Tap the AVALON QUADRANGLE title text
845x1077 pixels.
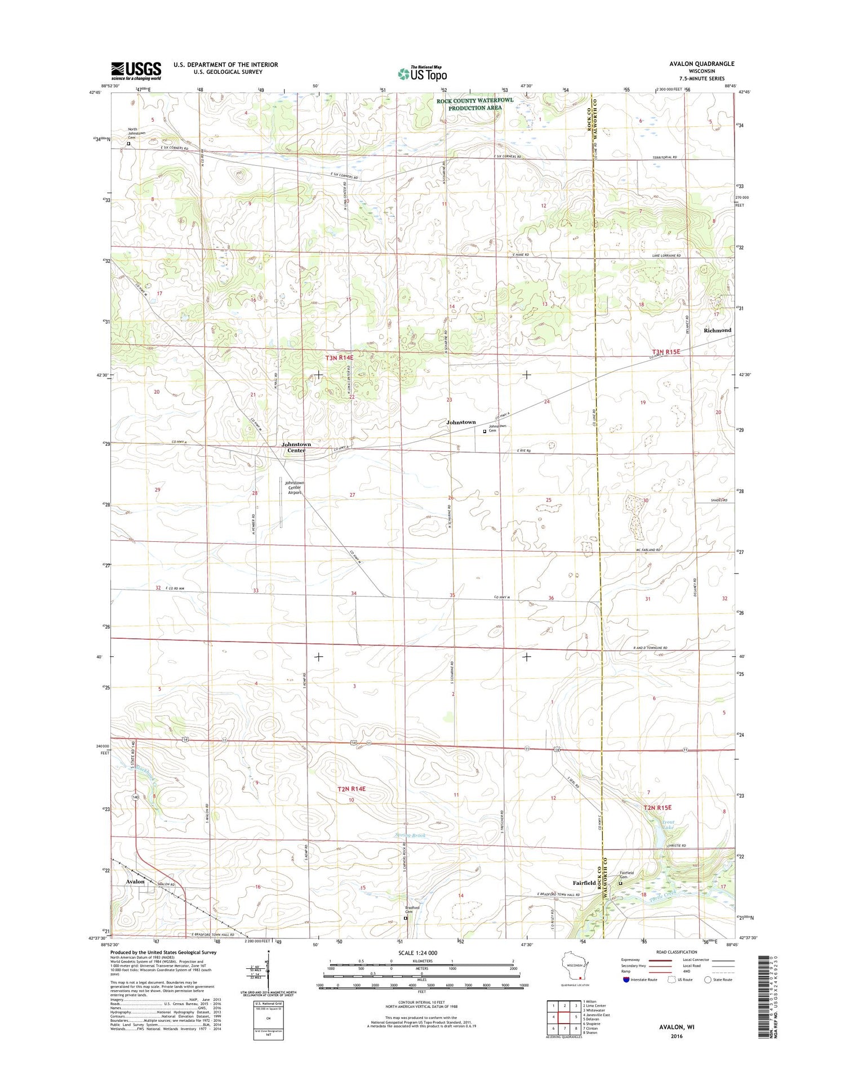click(701, 64)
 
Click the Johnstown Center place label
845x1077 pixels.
click(296, 447)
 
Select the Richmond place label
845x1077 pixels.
click(717, 330)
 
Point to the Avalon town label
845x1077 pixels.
click(135, 882)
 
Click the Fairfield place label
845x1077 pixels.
click(584, 883)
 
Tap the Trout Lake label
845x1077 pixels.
click(668, 825)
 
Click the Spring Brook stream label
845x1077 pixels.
click(410, 835)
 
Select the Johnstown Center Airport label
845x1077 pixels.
click(294, 488)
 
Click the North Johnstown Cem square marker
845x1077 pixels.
click(128, 144)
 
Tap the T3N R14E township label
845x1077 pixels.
click(340, 358)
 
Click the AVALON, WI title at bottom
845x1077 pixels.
click(677, 1027)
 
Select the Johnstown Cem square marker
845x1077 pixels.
click(484, 431)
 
